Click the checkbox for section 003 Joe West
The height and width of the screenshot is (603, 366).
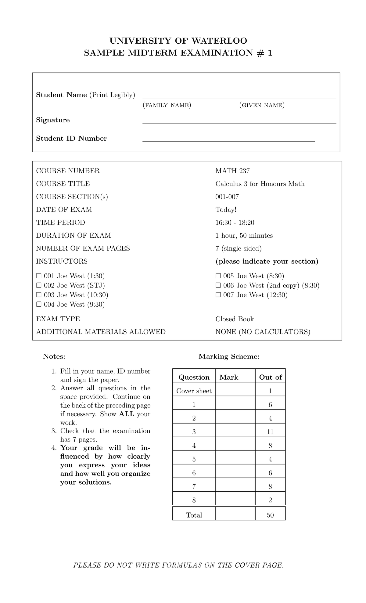pyautogui.click(x=39, y=295)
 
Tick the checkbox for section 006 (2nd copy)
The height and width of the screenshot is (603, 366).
pyautogui.click(x=218, y=286)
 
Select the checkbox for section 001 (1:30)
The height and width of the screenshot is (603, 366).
pyautogui.click(x=39, y=276)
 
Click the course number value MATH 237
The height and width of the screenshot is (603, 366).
pyautogui.click(x=232, y=171)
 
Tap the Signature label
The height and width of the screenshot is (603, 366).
pyautogui.click(x=53, y=120)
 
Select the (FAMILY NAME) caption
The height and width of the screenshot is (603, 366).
pyautogui.click(x=167, y=105)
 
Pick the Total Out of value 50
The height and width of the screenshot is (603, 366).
pyautogui.click(x=270, y=515)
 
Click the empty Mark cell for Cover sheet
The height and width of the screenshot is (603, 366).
pyautogui.click(x=235, y=391)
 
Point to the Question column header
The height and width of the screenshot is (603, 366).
pyautogui.click(x=194, y=377)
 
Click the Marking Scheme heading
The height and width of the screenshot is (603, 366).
pyautogui.click(x=229, y=356)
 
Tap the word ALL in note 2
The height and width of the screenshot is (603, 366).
pyautogui.click(x=126, y=414)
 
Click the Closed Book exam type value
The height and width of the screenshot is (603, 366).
pyautogui.click(x=235, y=319)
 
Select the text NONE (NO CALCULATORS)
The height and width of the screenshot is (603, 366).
pyautogui.click(x=263, y=332)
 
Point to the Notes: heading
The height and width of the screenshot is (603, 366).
pyautogui.click(x=54, y=356)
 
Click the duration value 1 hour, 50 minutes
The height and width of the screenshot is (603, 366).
pyautogui.click(x=244, y=236)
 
